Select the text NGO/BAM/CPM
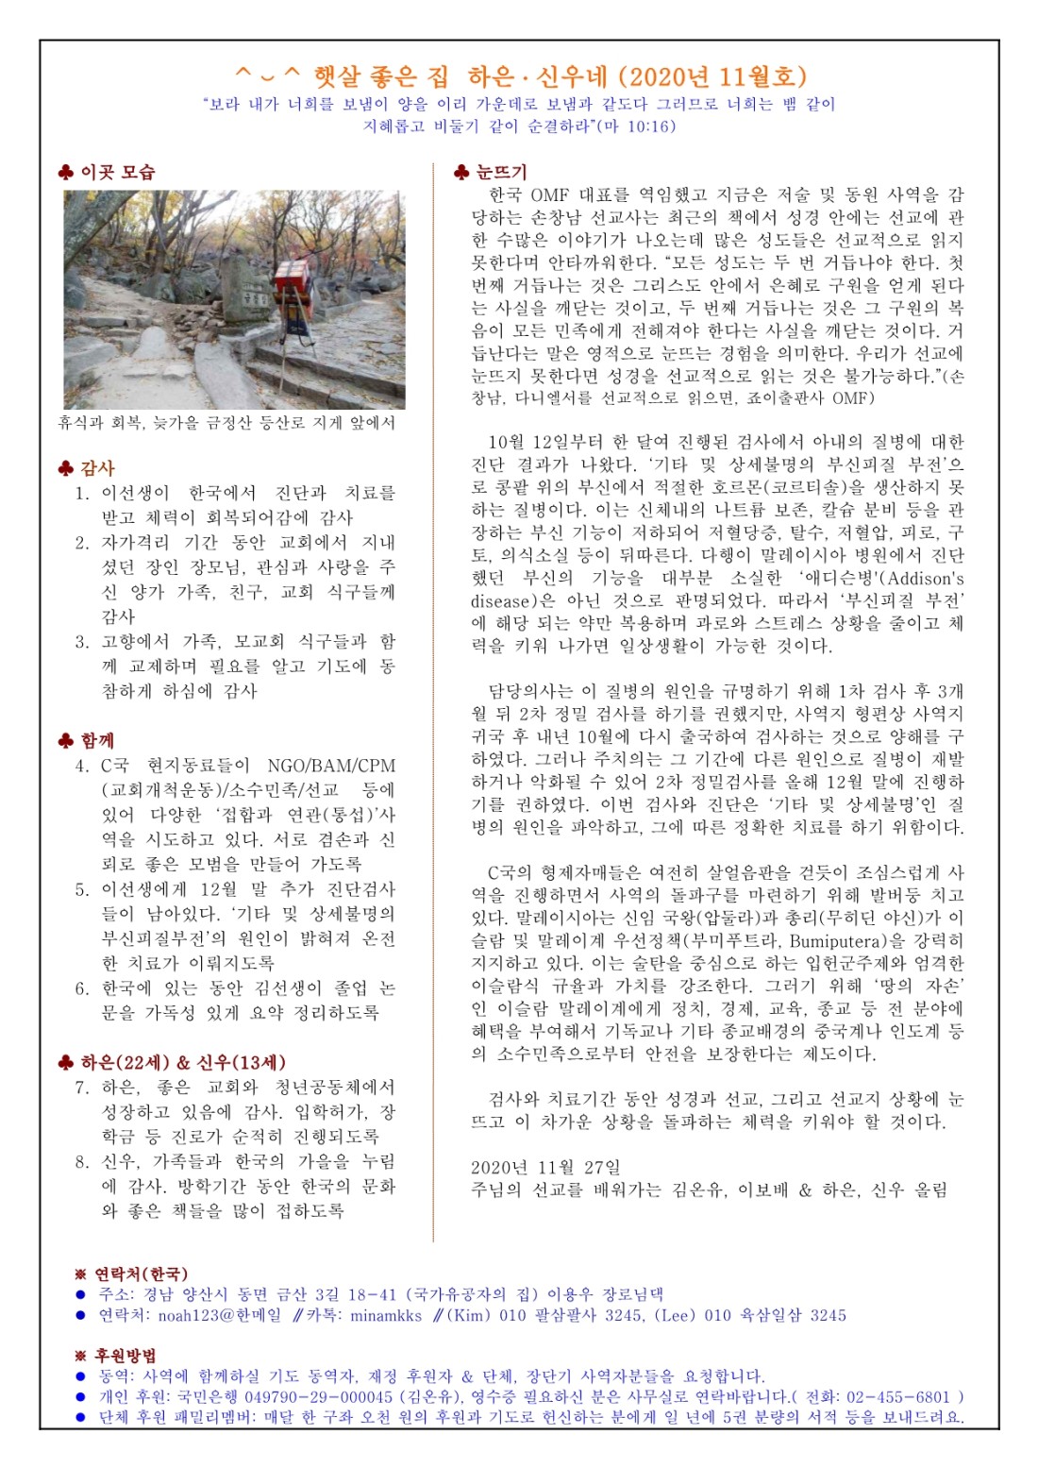click(330, 766)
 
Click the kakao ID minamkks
click(386, 1315)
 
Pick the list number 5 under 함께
click(82, 889)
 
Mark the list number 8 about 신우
click(82, 1162)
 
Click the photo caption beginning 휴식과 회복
click(226, 423)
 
